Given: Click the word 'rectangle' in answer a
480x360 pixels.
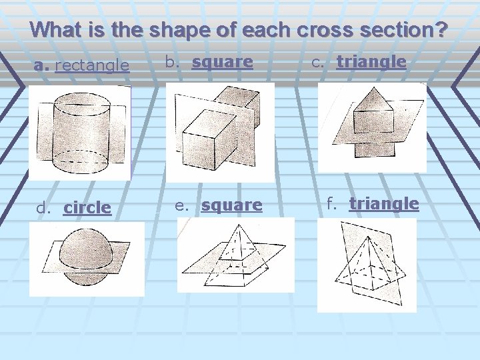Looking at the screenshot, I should point(92,65).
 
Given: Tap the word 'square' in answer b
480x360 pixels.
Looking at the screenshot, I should point(222,62).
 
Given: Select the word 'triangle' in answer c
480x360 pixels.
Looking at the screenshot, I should point(371,62).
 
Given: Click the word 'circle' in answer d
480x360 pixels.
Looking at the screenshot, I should point(87,207).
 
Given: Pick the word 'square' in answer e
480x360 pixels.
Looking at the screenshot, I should point(232,205).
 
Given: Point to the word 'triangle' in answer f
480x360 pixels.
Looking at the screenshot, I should point(384,203).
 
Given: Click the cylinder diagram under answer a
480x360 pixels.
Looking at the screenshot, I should point(80,133).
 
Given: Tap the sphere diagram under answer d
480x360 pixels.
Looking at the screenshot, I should point(87,259).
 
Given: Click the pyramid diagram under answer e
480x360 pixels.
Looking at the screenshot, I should point(235,255).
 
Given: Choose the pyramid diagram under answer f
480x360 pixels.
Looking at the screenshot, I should point(367,265).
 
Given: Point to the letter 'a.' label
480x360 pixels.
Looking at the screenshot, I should point(42,65).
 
